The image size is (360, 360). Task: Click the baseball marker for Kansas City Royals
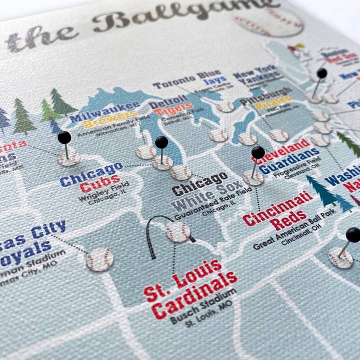[99, 259]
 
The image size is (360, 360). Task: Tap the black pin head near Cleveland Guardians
[258, 152]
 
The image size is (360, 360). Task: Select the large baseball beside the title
[268, 21]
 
